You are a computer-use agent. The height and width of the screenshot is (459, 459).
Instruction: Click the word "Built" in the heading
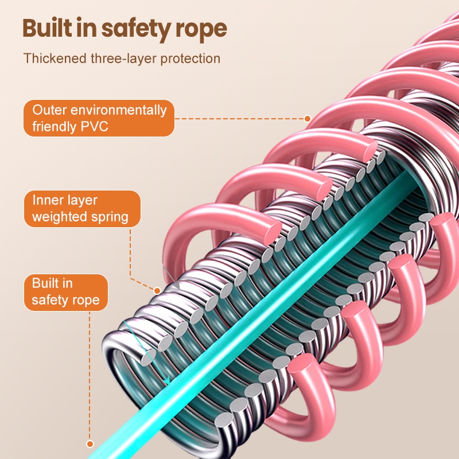pyautogui.click(x=48, y=28)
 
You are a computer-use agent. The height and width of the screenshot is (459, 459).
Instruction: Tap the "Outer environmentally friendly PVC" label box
pyautogui.click(x=99, y=118)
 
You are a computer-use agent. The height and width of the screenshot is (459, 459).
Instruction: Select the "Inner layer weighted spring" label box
pyautogui.click(x=81, y=208)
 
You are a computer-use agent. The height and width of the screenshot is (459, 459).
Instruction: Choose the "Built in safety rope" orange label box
pyautogui.click(x=65, y=292)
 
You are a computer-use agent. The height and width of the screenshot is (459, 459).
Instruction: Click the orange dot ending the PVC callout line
pyautogui.click(x=308, y=119)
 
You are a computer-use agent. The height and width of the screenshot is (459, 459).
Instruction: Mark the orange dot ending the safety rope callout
pyautogui.click(x=90, y=443)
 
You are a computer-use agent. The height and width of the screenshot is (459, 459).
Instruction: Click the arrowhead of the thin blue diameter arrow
pyautogui.click(x=166, y=381)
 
